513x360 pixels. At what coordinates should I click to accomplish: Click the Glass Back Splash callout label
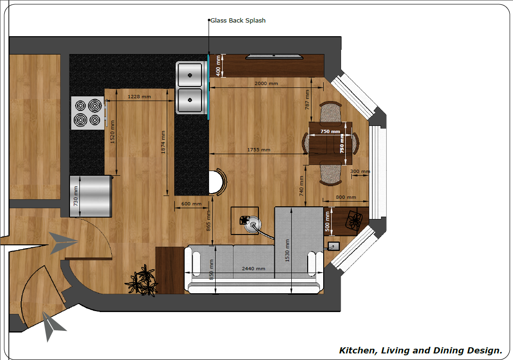[x=238, y=20]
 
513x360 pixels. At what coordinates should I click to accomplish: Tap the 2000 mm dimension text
[x=266, y=84]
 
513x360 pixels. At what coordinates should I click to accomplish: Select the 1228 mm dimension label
[x=140, y=96]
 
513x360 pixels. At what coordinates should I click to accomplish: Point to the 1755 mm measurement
[x=258, y=149]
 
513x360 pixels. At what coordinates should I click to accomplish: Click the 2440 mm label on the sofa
[x=254, y=268]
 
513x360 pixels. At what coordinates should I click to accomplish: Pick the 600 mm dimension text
[x=191, y=203]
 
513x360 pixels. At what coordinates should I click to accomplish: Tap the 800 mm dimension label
[x=346, y=197]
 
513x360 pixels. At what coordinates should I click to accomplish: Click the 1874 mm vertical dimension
[x=163, y=142]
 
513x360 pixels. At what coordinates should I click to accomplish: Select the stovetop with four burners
[x=88, y=113]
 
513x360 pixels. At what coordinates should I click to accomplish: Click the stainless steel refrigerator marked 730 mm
[x=91, y=196]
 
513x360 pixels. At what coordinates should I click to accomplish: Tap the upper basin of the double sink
[x=190, y=75]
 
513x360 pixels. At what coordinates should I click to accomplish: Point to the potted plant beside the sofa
[x=142, y=281]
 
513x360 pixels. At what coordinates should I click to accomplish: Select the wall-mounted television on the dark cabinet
[x=274, y=57]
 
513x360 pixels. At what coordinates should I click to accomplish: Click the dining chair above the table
[x=330, y=112]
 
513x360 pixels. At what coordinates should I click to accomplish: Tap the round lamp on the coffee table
[x=253, y=225]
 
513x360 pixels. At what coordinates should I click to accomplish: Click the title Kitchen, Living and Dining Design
[x=420, y=351]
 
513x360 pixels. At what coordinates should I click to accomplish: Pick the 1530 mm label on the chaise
[x=287, y=250]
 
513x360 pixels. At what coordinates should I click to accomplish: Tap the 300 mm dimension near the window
[x=360, y=171]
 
